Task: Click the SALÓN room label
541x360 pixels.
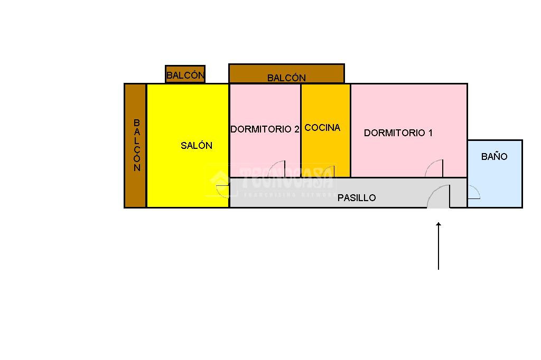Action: coord(197,146)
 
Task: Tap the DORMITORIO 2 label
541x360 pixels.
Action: coord(265,129)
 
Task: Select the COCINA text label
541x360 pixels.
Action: coord(322,128)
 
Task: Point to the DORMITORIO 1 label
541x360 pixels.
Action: coord(398,133)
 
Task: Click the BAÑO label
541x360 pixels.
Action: coord(494,157)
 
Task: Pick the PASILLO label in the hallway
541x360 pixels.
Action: coord(357,198)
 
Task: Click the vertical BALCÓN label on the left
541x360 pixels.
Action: coord(137,145)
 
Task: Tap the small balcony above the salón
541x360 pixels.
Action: coord(185,74)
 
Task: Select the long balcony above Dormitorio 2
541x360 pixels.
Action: coord(286,74)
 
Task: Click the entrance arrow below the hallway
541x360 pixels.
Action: coord(439,245)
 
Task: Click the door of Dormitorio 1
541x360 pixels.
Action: coord(435,168)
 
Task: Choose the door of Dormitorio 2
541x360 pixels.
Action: coord(277,169)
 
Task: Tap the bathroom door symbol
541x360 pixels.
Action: coord(473,193)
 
